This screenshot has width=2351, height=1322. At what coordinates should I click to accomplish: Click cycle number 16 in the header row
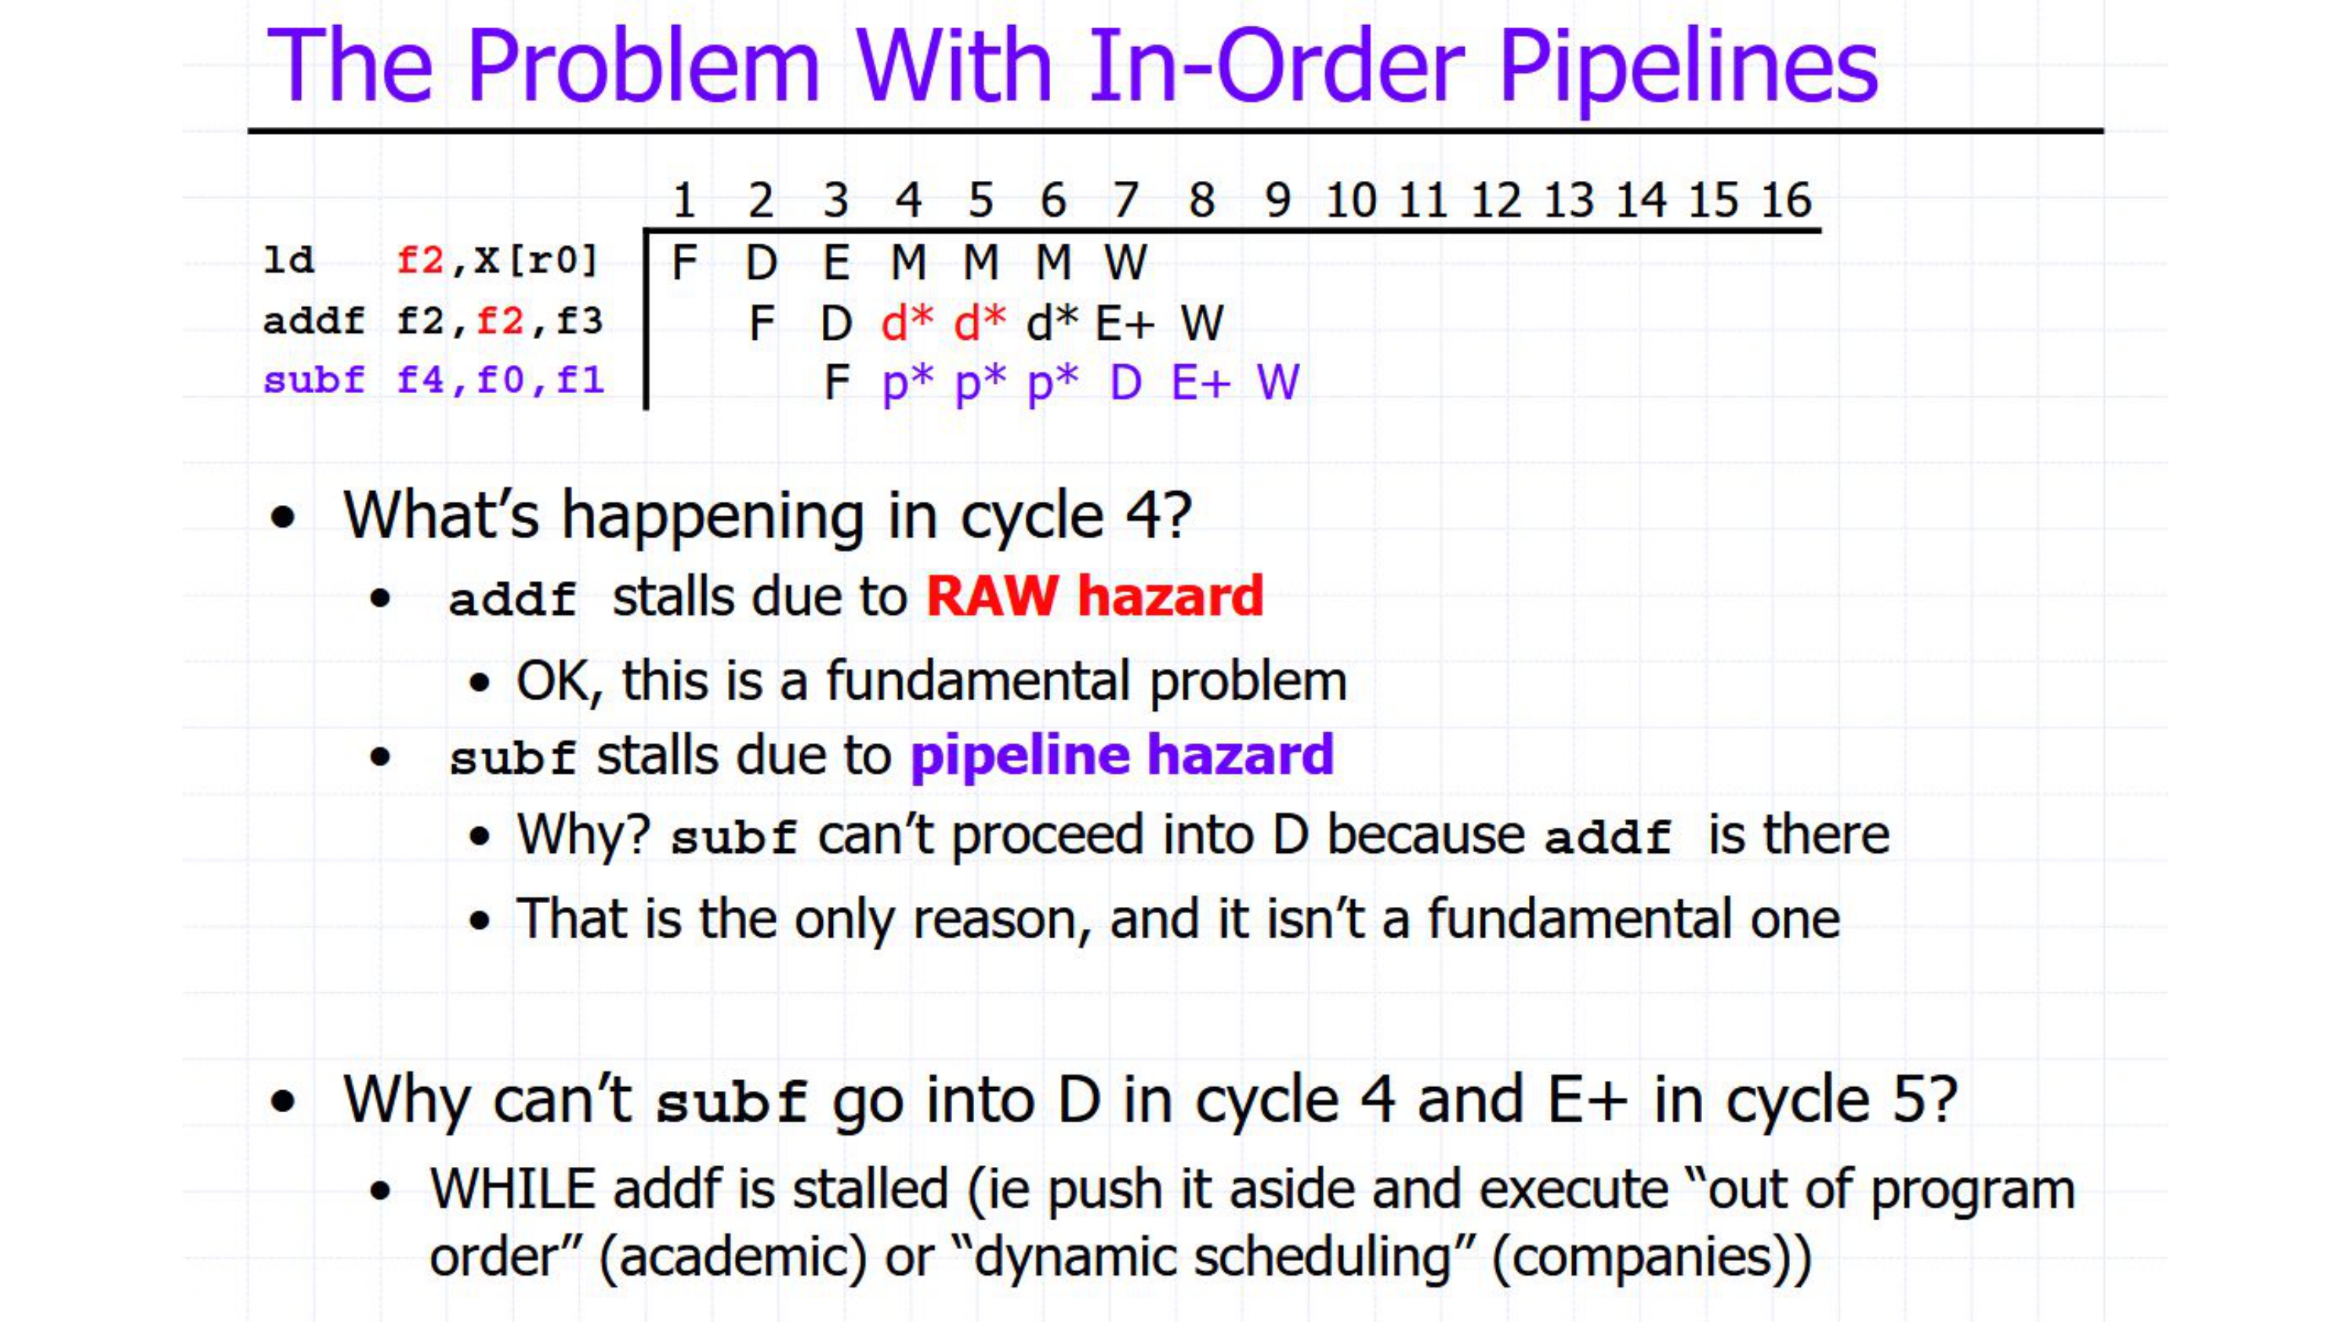point(1786,200)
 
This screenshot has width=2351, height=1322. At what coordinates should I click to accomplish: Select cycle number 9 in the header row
point(1277,200)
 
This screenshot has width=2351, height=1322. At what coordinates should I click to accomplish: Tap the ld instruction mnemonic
point(288,260)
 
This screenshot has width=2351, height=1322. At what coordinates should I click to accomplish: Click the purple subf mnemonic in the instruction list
point(314,380)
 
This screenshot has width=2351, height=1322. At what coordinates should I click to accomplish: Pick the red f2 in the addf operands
point(500,321)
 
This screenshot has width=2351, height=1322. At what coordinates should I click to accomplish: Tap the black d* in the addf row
point(1052,322)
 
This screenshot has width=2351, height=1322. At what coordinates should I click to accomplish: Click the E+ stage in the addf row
point(1125,323)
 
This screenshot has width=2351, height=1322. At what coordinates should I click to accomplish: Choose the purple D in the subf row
point(1125,382)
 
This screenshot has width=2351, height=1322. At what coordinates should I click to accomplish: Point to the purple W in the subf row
point(1277,382)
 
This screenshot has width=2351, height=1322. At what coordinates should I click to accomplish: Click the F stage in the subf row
point(837,382)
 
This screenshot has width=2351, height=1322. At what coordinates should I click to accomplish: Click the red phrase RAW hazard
point(1094,597)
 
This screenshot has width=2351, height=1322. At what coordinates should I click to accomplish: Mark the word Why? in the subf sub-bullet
point(583,835)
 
